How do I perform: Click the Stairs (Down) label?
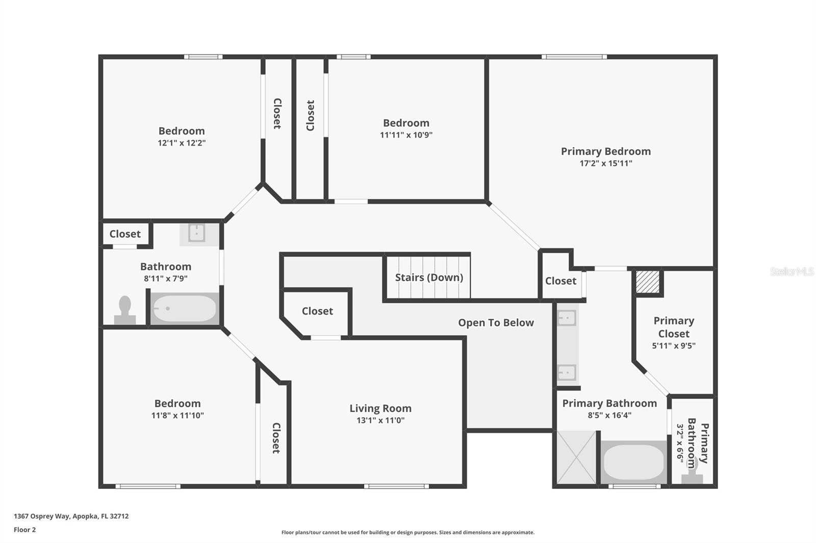point(429,277)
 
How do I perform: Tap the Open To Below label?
point(496,322)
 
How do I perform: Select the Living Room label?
point(380,409)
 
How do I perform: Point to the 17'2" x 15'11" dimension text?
point(606,163)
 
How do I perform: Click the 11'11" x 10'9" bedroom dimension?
point(406,134)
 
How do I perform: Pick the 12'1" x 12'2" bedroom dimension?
point(182,143)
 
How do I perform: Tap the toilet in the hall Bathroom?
point(125,310)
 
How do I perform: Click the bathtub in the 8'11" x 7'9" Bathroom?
point(185,308)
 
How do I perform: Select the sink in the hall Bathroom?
point(197,233)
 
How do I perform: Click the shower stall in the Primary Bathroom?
point(576,457)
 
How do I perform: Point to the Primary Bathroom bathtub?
point(634,462)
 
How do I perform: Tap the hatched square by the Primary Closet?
point(648,281)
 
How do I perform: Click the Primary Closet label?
point(674,327)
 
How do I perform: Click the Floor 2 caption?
point(25,530)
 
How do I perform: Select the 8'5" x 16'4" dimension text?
point(609,415)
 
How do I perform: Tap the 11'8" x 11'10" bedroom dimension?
point(177,415)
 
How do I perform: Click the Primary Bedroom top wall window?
point(574,57)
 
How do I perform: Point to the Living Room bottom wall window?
point(396,486)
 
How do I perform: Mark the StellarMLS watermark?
point(792,271)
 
